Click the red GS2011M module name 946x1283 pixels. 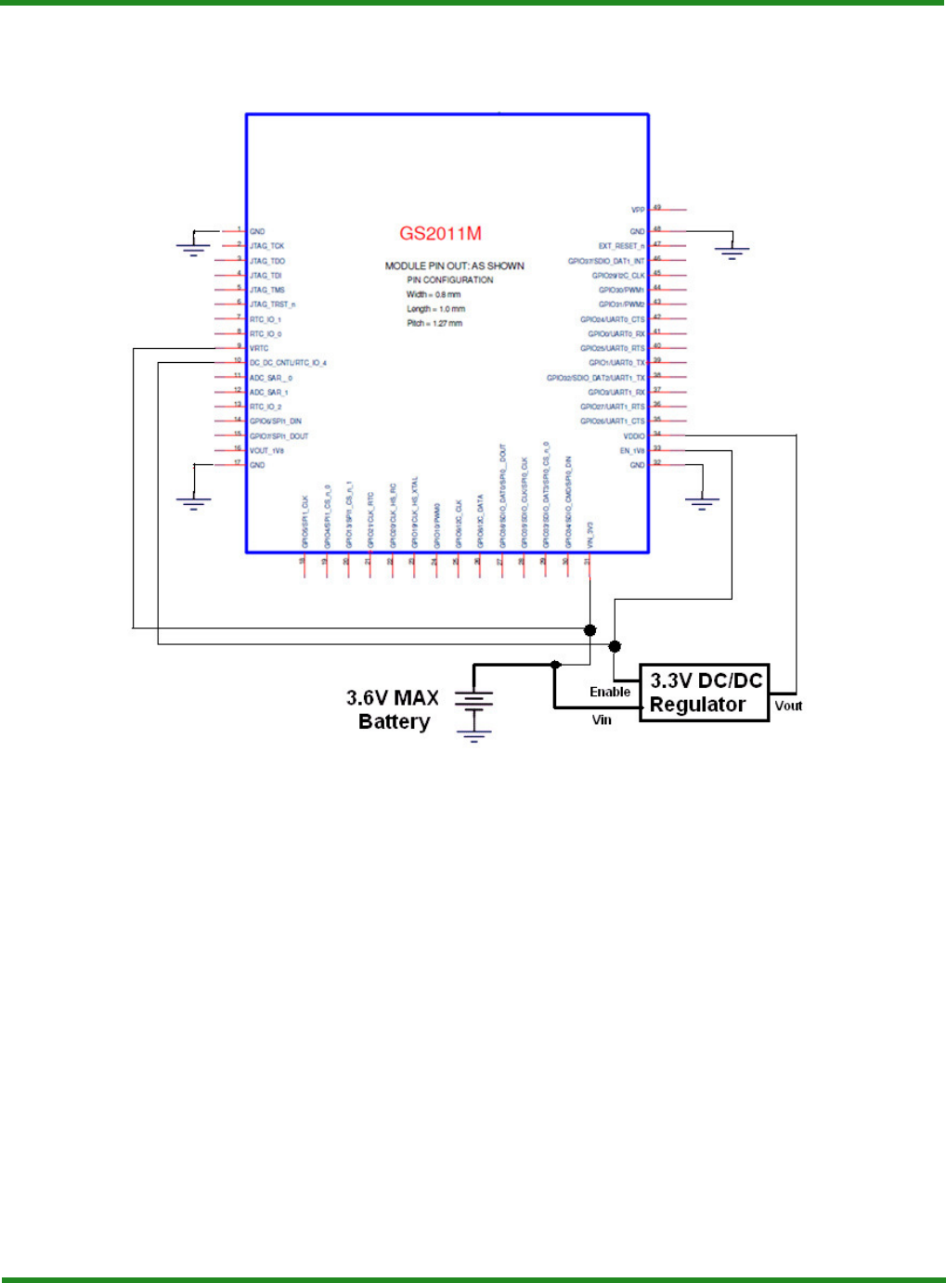[440, 234]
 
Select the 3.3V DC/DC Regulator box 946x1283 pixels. [705, 693]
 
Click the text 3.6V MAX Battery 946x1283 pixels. [393, 709]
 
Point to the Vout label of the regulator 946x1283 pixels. [788, 706]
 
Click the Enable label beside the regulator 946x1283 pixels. [610, 692]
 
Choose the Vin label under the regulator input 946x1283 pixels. [602, 719]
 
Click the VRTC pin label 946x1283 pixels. [259, 348]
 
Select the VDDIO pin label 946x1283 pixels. [634, 436]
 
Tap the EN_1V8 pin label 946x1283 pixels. [632, 451]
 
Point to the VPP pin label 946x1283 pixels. [638, 211]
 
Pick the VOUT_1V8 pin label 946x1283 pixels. [266, 450]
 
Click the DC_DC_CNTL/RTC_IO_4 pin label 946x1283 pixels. [288, 363]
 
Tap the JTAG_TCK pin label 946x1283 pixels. [266, 246]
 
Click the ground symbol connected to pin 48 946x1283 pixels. [732, 252]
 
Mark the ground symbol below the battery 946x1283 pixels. [473, 736]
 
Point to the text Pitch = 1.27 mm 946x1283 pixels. [434, 323]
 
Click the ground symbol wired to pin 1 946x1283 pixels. [193, 249]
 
